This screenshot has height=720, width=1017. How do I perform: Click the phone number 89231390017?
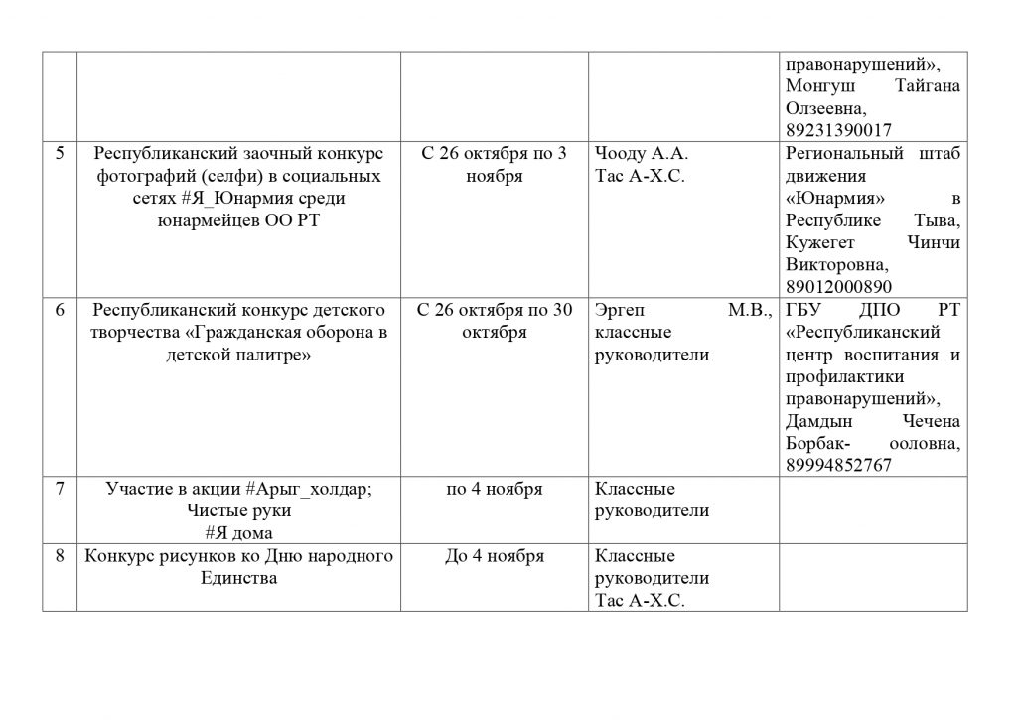[838, 130]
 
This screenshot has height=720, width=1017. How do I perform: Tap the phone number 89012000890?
[838, 287]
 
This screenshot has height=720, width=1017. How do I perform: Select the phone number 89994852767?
[838, 465]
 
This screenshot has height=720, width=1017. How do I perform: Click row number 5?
[60, 154]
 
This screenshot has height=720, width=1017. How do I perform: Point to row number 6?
[60, 310]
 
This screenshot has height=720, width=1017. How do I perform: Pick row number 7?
[60, 489]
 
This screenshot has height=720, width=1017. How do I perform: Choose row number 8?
[60, 556]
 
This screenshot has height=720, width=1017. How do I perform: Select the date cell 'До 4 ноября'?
[494, 556]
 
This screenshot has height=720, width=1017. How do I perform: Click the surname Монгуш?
[820, 86]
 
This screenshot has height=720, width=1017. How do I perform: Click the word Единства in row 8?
[238, 578]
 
